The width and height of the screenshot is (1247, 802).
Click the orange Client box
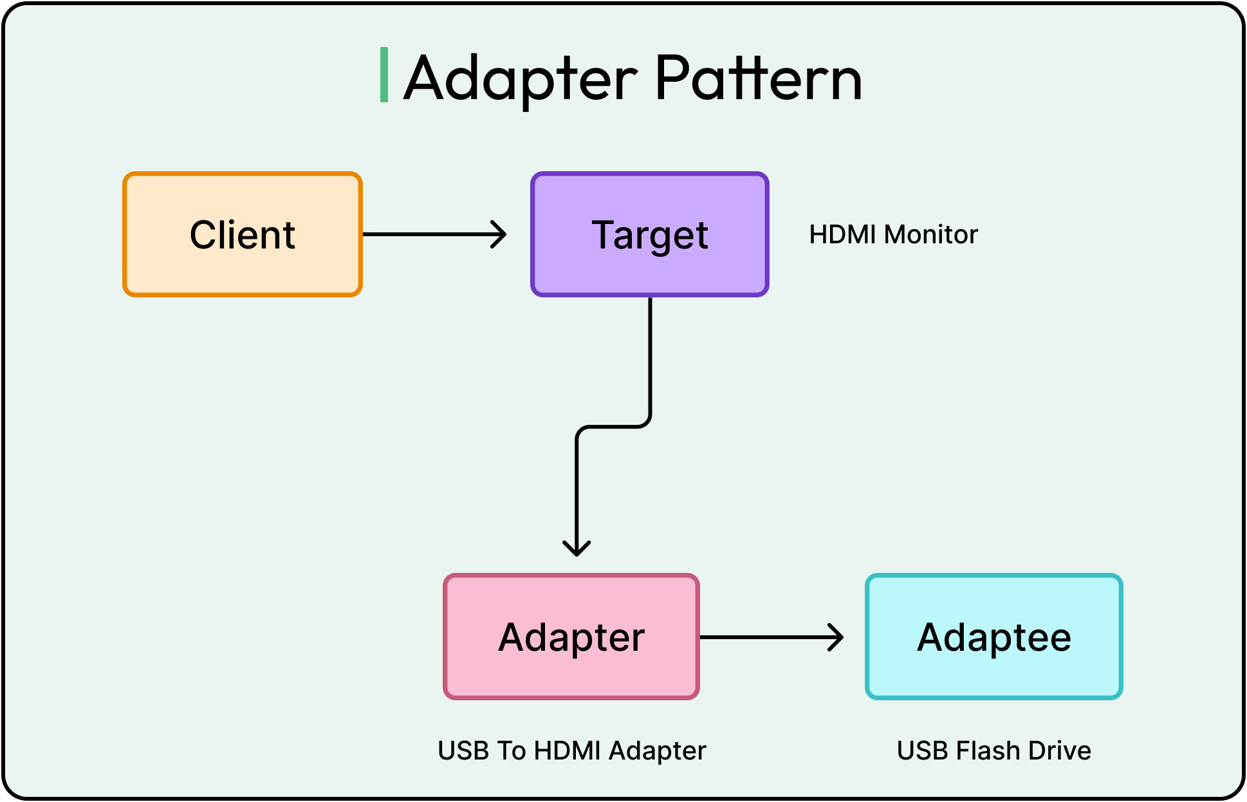[243, 234]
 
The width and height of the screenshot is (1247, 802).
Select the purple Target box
[650, 234]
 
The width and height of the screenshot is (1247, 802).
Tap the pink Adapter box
[571, 637]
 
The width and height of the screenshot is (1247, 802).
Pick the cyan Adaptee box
[994, 637]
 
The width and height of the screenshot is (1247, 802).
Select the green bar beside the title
[384, 75]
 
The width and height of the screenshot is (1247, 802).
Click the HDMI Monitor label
[893, 234]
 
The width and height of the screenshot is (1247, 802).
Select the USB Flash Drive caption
[993, 751]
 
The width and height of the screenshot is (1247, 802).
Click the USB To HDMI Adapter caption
[571, 751]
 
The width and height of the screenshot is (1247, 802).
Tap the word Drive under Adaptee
[1060, 751]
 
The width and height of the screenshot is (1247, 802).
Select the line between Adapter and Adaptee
[766, 637]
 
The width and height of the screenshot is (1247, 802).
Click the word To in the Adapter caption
[512, 751]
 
